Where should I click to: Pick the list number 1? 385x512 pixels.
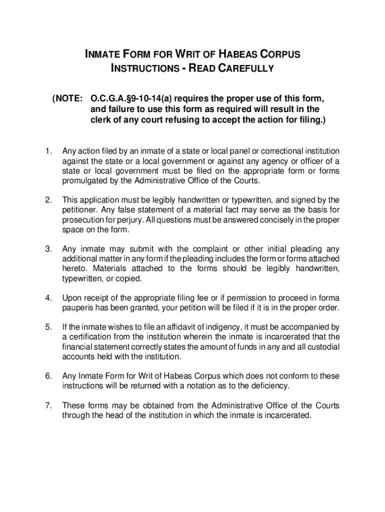tap(48, 151)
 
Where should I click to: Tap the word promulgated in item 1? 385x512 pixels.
tap(82, 180)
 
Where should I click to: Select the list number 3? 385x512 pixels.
tap(48, 249)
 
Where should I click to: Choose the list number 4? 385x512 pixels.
tap(48, 298)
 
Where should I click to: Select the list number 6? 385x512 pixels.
tap(48, 376)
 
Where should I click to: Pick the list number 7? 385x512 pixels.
tap(48, 405)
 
